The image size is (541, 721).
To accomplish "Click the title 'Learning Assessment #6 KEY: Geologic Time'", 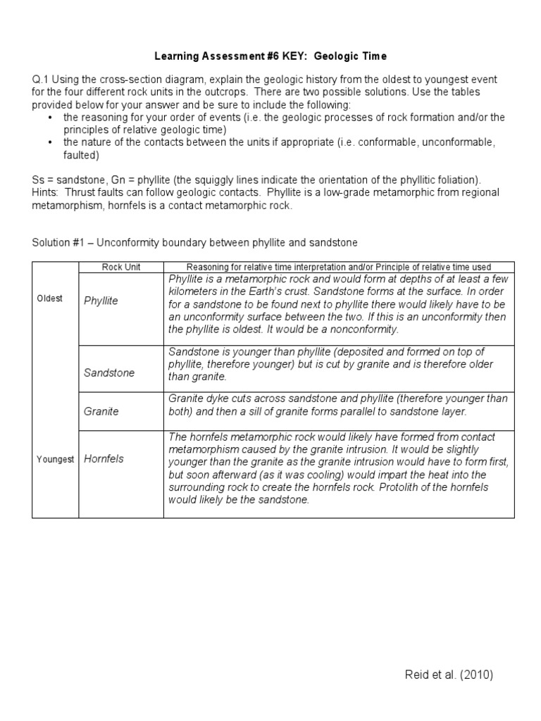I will pos(270,56).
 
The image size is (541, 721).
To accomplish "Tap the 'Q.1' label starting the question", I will pos(41,80).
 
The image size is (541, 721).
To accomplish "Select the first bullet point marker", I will pos(51,118).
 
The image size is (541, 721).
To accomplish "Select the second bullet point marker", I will pos(51,142).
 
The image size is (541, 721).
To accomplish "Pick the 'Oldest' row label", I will pos(50,298).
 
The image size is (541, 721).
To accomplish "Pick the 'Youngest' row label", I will pos(55,459).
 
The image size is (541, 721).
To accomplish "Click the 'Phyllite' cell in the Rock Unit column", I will pos(101,301).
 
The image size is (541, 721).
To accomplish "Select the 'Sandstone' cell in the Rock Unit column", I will pos(108,372).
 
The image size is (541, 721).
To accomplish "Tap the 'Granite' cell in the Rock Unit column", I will pos(101,411).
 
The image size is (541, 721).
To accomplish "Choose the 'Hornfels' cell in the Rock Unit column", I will pos(104,458).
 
